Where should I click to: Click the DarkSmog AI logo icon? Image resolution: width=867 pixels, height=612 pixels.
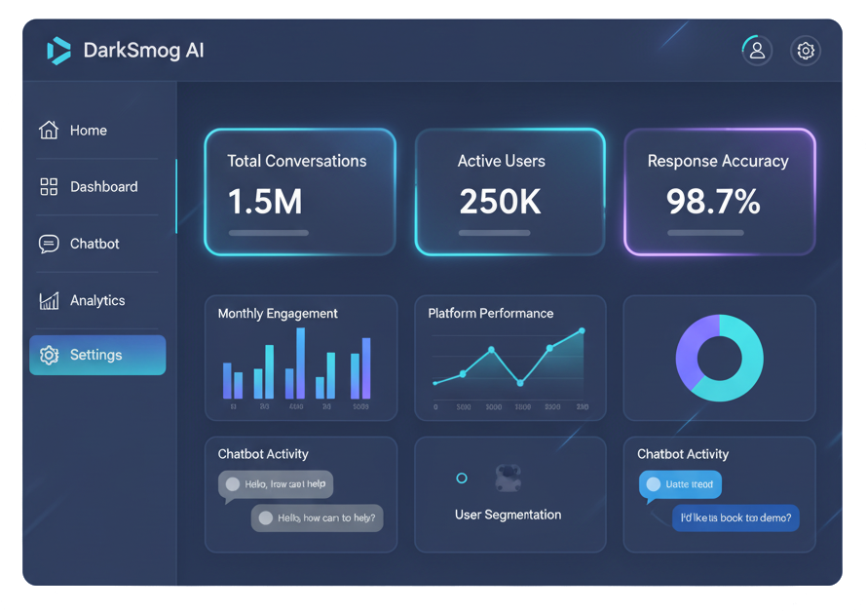coord(58,51)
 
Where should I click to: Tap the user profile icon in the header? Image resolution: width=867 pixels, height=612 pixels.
coord(757,51)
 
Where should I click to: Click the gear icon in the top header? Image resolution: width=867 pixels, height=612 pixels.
coord(805,51)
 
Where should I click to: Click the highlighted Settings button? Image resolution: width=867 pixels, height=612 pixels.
coord(97,355)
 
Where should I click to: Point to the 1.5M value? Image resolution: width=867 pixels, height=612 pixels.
coord(265,201)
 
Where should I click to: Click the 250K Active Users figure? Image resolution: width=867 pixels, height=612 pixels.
coord(500,201)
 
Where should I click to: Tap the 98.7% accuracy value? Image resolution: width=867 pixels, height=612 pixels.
coord(713,201)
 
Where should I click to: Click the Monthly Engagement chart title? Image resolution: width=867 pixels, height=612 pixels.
coord(278,314)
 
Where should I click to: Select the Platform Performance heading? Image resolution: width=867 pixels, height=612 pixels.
coord(491,314)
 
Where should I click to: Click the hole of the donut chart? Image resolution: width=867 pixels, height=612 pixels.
coord(720,358)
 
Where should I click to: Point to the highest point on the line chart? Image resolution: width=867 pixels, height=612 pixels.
coord(582,330)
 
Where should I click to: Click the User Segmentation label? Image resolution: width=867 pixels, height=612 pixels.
coord(508,515)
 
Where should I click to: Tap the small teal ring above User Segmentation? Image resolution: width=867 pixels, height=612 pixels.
coord(462,478)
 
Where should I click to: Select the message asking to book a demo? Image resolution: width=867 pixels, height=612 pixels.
coord(735,517)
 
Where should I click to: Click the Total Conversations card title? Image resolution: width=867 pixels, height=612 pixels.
coord(297,161)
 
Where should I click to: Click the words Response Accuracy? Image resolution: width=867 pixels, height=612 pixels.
coord(718,161)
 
